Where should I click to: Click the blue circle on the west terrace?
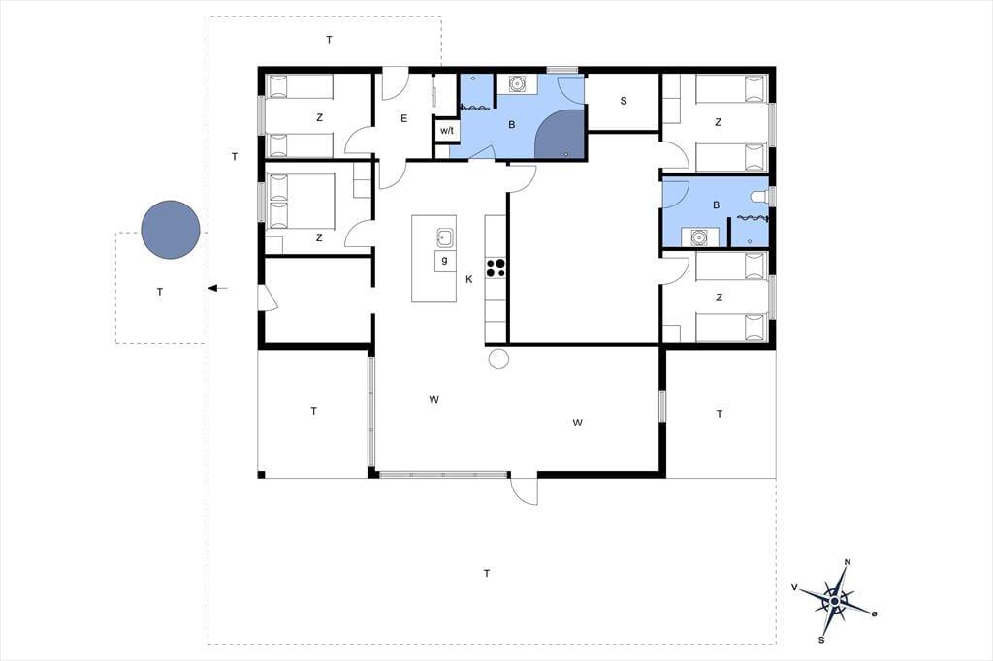(171, 230)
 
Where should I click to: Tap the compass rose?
(835, 600)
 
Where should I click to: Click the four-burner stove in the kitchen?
(496, 268)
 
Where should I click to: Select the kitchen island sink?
(444, 238)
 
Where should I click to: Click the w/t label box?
(446, 131)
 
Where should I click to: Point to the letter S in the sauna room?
(624, 101)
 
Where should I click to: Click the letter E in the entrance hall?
(404, 118)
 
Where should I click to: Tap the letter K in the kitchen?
(469, 279)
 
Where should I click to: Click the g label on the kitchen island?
(444, 260)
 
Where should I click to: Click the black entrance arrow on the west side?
(217, 289)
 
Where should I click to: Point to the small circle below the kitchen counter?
(499, 359)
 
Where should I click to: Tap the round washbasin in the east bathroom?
(698, 237)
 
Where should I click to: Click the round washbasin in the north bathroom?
(517, 83)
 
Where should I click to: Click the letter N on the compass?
(848, 562)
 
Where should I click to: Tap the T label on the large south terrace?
(487, 574)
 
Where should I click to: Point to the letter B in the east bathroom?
(717, 205)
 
